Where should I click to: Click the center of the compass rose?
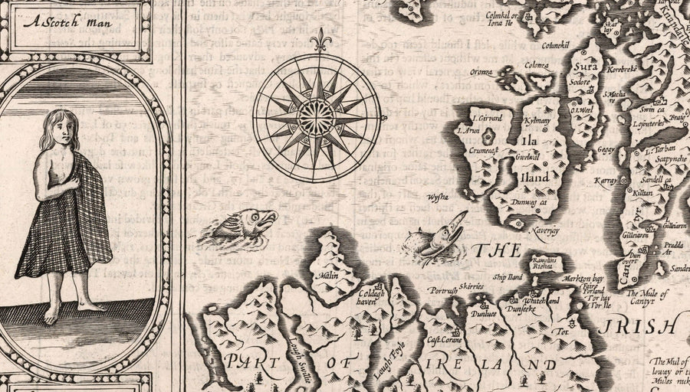click(316, 117)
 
